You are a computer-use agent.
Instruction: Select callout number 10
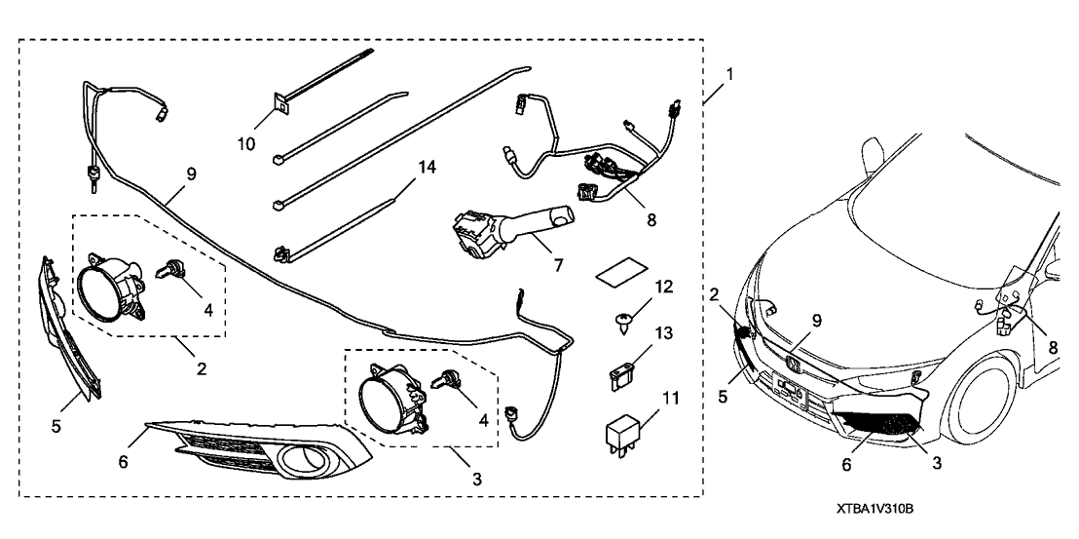tap(247, 143)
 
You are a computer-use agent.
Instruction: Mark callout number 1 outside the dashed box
tap(728, 73)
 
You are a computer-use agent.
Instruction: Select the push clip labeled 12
tap(619, 318)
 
